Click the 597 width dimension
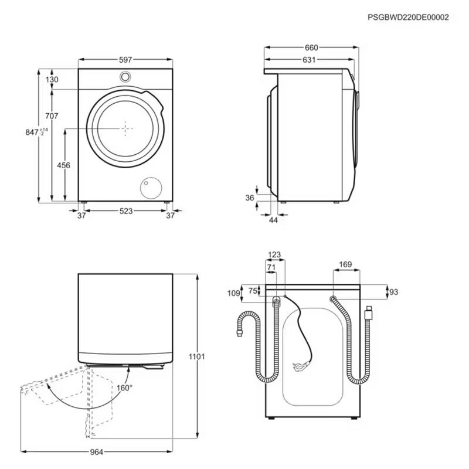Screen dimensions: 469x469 coord(125,60)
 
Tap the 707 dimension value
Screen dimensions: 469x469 coord(52,116)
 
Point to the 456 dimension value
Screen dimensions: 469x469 coord(63,165)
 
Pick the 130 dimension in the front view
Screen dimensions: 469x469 coord(52,80)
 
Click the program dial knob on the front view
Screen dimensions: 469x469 coord(125,77)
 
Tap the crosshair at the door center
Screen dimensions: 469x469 coord(125,128)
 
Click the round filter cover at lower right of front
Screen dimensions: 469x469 coord(151,187)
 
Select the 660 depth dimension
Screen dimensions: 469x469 coord(311,47)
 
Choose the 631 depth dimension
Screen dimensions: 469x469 coord(309,60)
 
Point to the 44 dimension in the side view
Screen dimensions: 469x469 coord(273,220)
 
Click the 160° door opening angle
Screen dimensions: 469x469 coord(124,388)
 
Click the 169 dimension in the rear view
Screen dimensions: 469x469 coord(345,265)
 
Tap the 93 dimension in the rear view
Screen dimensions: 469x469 coord(393,291)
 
